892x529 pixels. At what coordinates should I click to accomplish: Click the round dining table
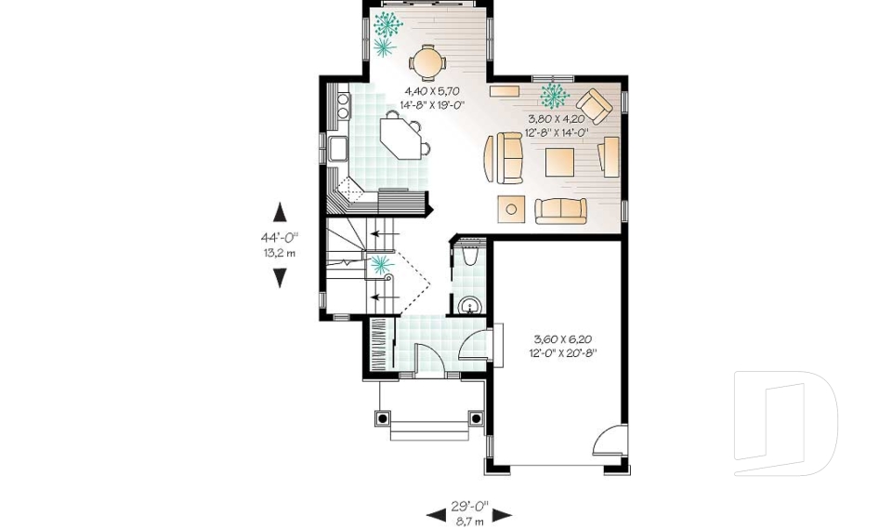click(x=427, y=62)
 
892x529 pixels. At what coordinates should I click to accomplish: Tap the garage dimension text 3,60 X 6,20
click(x=564, y=339)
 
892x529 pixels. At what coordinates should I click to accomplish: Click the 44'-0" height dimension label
click(x=279, y=237)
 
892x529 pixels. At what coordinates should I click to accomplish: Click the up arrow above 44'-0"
click(x=280, y=211)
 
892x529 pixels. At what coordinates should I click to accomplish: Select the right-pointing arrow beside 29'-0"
click(x=502, y=514)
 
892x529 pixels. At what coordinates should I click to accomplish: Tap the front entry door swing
click(x=426, y=358)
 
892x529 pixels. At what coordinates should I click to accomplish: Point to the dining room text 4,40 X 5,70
click(x=433, y=92)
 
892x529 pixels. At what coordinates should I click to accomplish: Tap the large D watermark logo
click(x=785, y=423)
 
